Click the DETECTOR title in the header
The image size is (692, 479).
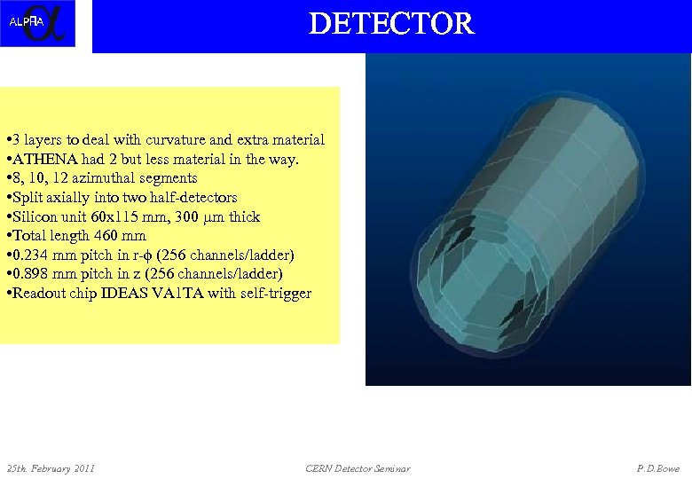click(391, 23)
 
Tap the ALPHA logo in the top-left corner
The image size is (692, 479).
click(37, 23)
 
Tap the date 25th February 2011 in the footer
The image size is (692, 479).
click(51, 468)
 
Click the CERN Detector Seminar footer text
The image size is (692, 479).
click(358, 468)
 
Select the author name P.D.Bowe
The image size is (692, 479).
click(657, 468)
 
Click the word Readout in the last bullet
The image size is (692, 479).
click(36, 294)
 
